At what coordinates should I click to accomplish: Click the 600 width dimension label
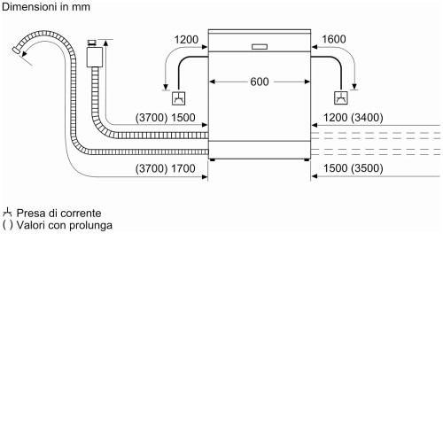pyautogui.click(x=260, y=82)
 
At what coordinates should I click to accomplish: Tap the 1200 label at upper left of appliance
pyautogui.click(x=186, y=40)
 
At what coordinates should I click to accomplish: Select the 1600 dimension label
pyautogui.click(x=334, y=39)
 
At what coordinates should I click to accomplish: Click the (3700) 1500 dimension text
pyautogui.click(x=165, y=118)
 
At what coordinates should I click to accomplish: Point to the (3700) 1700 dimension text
pyautogui.click(x=165, y=168)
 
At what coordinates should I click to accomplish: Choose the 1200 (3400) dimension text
pyautogui.click(x=354, y=118)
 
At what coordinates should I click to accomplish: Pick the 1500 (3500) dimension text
pyautogui.click(x=354, y=168)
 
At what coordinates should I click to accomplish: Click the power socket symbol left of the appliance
pyautogui.click(x=179, y=98)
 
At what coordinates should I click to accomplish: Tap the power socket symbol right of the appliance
pyautogui.click(x=341, y=97)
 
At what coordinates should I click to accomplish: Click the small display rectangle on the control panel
pyautogui.click(x=260, y=47)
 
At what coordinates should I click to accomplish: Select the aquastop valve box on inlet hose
pyautogui.click(x=95, y=57)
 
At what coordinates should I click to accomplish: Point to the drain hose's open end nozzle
pyautogui.click(x=17, y=50)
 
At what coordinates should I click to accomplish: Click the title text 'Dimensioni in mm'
pyautogui.click(x=46, y=7)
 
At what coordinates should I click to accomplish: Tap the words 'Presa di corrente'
pyautogui.click(x=58, y=213)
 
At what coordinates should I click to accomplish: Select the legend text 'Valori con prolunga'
pyautogui.click(x=65, y=225)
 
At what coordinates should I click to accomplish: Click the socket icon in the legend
pyautogui.click(x=7, y=213)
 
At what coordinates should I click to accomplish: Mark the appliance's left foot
pyautogui.click(x=212, y=159)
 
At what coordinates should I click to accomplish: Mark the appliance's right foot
pyautogui.click(x=307, y=159)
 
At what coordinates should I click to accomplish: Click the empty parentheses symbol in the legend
pyautogui.click(x=7, y=225)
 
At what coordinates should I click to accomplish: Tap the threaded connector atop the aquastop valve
pyautogui.click(x=92, y=43)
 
